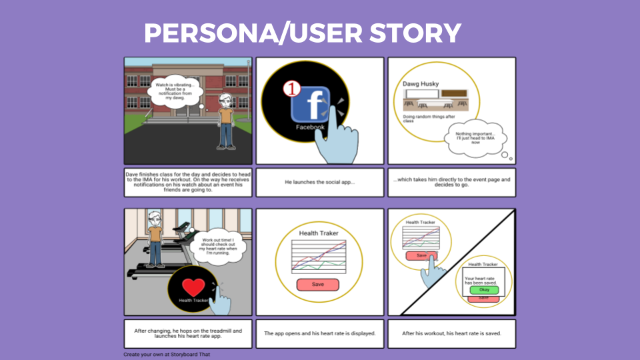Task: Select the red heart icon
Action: point(194,287)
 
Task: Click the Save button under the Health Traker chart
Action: point(318,285)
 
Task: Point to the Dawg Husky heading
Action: point(421,84)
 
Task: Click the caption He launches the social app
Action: point(320,182)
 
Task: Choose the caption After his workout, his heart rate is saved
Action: point(452,333)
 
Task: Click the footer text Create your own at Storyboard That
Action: point(167,355)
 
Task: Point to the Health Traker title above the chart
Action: point(318,233)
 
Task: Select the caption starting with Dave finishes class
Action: point(188,182)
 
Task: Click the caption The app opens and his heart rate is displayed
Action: point(320,333)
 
